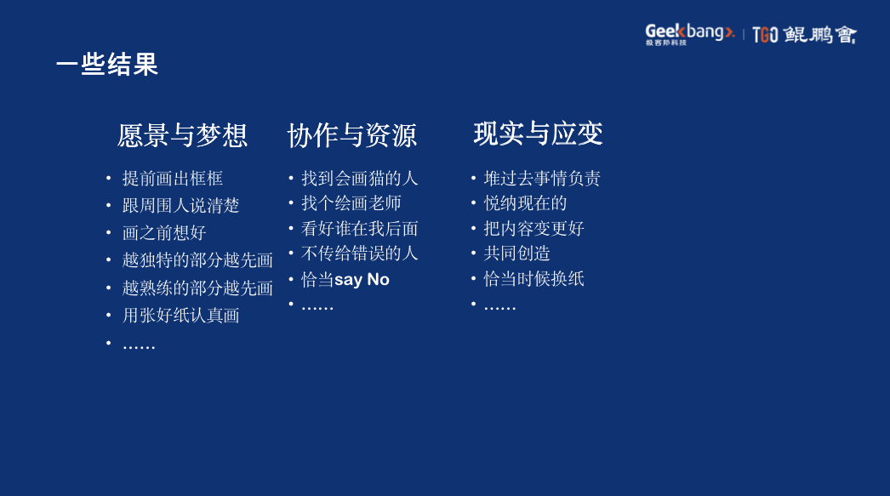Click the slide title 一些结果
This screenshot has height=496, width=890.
(x=107, y=65)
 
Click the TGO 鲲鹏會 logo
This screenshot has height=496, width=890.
(x=804, y=35)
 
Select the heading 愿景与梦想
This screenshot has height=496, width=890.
(x=182, y=135)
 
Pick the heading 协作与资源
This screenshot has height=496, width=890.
(x=352, y=135)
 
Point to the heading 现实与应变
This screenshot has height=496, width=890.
(x=538, y=134)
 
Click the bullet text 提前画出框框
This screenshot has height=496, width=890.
(x=173, y=179)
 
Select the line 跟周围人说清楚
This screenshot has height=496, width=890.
(x=181, y=206)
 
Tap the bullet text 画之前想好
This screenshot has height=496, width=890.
(x=164, y=233)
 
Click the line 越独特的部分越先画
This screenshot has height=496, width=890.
(x=197, y=260)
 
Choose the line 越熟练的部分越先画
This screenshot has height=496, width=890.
(x=197, y=288)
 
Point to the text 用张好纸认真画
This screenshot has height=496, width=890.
(x=181, y=316)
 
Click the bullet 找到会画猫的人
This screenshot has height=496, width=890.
(x=360, y=179)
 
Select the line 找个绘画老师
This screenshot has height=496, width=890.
(x=351, y=203)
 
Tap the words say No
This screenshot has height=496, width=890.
(x=362, y=280)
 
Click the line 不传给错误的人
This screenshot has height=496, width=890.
(x=360, y=254)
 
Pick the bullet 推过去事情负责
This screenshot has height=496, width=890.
(x=542, y=179)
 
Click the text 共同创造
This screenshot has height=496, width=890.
(x=517, y=254)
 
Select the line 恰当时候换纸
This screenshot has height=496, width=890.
(x=534, y=279)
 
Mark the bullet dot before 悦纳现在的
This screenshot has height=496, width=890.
(x=473, y=203)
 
